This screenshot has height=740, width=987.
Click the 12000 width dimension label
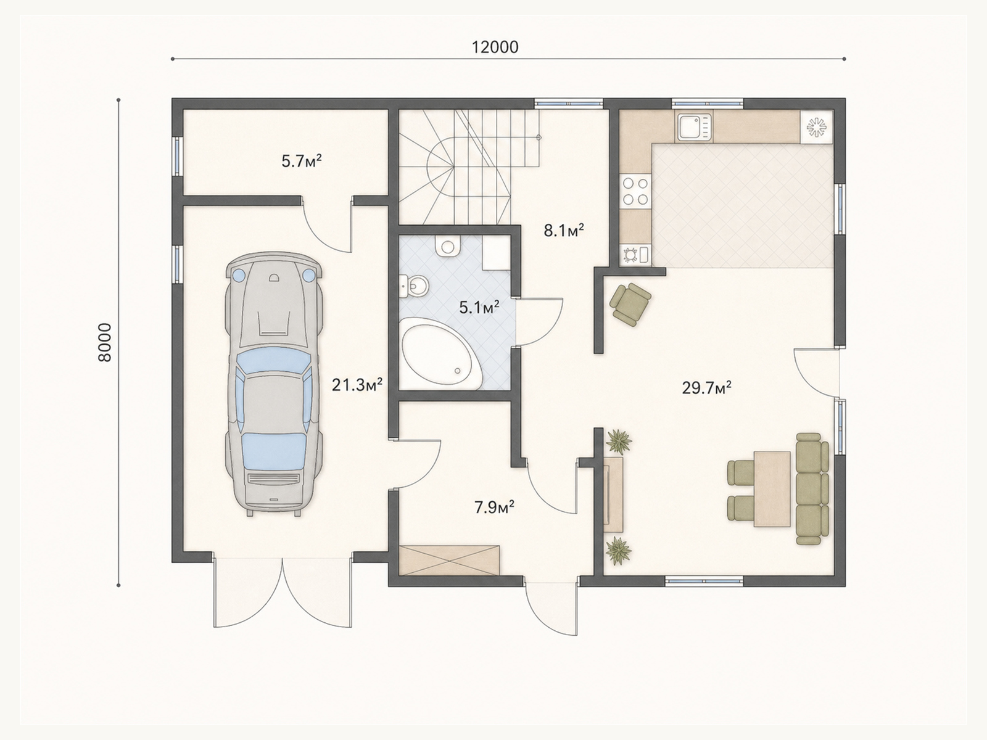coord(495,47)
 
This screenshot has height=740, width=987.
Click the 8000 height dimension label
coord(104,342)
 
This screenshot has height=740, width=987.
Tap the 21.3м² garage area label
coord(357,385)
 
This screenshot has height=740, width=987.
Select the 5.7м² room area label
coord(301,161)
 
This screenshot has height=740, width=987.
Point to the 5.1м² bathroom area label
coord(479,308)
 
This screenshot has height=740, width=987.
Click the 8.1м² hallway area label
coord(564,231)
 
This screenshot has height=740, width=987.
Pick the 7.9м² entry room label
coord(494,508)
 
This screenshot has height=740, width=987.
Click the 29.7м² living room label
coord(706,387)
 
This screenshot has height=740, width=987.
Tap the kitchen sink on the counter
coord(694,126)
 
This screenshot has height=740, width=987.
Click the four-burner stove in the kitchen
coord(635,191)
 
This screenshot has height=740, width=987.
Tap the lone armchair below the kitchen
coord(630,304)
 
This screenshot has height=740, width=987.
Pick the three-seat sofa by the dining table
coord(812,489)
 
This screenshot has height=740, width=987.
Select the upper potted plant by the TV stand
coord(619,441)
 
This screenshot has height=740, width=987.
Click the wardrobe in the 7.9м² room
coord(449,560)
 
